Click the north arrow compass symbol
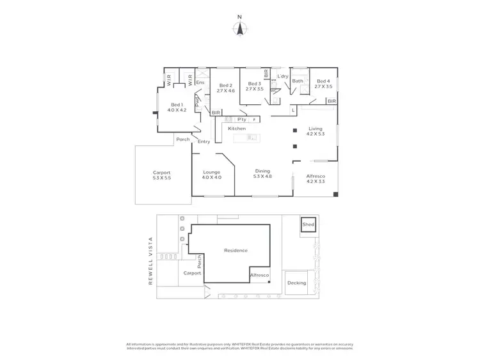(x=240, y=28)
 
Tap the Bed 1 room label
(x=177, y=105)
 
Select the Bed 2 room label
(x=226, y=85)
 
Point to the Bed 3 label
(x=255, y=84)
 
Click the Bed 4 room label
(x=323, y=82)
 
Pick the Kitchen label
(x=237, y=129)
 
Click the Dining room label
(x=262, y=171)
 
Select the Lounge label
(x=212, y=172)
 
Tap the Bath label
(x=298, y=82)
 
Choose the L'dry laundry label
(x=283, y=77)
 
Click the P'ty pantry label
(x=241, y=120)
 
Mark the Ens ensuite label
(x=200, y=82)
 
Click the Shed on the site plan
(x=308, y=225)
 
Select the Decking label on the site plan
(x=297, y=283)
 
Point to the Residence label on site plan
(x=236, y=250)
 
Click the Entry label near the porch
(x=204, y=141)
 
